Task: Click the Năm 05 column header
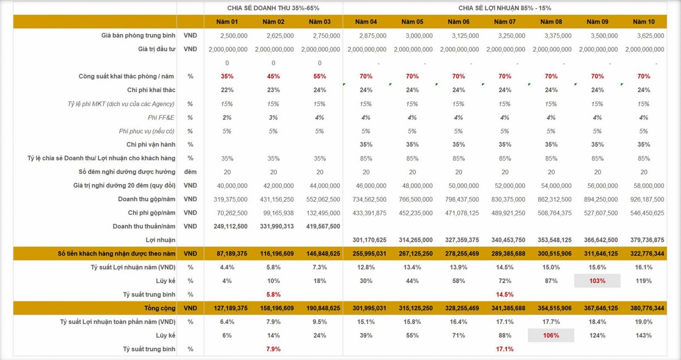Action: (412, 22)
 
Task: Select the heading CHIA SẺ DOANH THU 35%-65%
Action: (273, 8)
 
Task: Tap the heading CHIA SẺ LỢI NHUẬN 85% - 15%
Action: (505, 8)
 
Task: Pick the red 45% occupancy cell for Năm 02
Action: (273, 76)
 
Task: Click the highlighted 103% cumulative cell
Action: (597, 281)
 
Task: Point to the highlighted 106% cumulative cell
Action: (551, 335)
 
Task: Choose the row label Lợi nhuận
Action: (164, 240)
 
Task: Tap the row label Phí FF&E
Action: (161, 118)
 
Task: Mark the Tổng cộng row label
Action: (160, 308)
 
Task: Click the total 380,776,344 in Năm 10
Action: (645, 308)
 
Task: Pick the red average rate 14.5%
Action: (505, 295)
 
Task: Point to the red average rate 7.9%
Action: (273, 349)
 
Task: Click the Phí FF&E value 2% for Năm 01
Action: (227, 118)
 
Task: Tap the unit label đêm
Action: (190, 172)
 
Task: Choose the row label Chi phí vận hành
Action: (151, 144)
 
